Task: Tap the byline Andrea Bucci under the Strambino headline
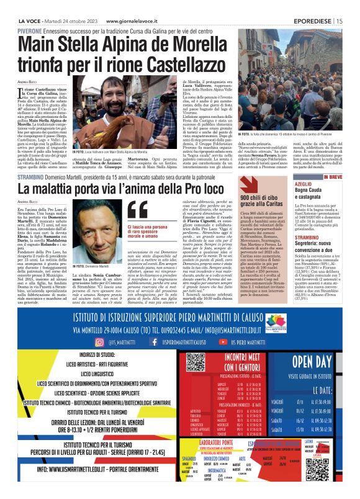(28, 202)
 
